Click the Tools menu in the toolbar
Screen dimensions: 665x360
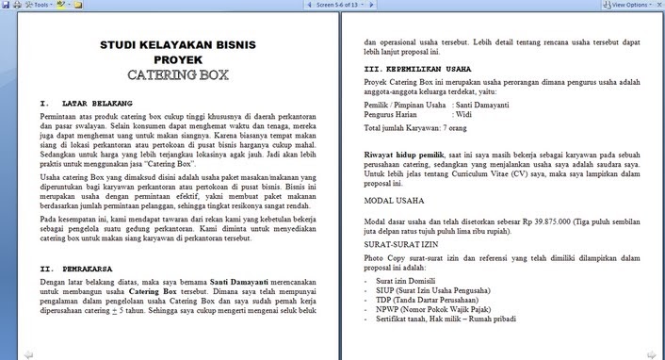40,5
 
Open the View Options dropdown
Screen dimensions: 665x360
630,5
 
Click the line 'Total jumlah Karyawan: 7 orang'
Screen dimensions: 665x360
414,128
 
